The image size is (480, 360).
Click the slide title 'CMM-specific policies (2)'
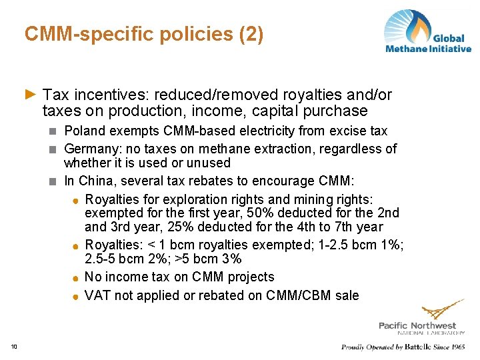pos(144,34)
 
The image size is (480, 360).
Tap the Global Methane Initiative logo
pos(427,31)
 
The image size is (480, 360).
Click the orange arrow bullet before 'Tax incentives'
pos(30,95)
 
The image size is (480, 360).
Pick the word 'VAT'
pos(98,295)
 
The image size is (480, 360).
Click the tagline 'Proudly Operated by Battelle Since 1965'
pos(403,347)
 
